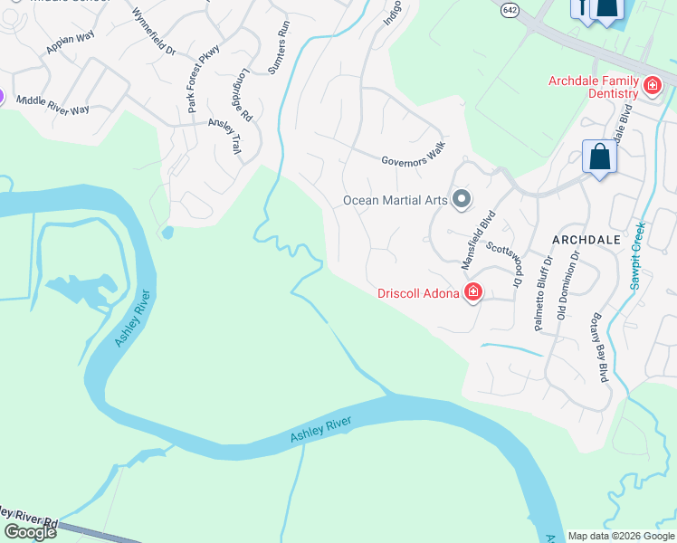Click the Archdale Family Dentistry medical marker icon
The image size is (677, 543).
652,86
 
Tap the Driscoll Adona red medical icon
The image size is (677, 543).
472,291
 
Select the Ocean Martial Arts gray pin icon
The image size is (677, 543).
462,198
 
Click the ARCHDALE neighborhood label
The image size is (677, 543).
586,239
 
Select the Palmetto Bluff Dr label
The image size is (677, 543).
543,293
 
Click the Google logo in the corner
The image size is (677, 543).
29,531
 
